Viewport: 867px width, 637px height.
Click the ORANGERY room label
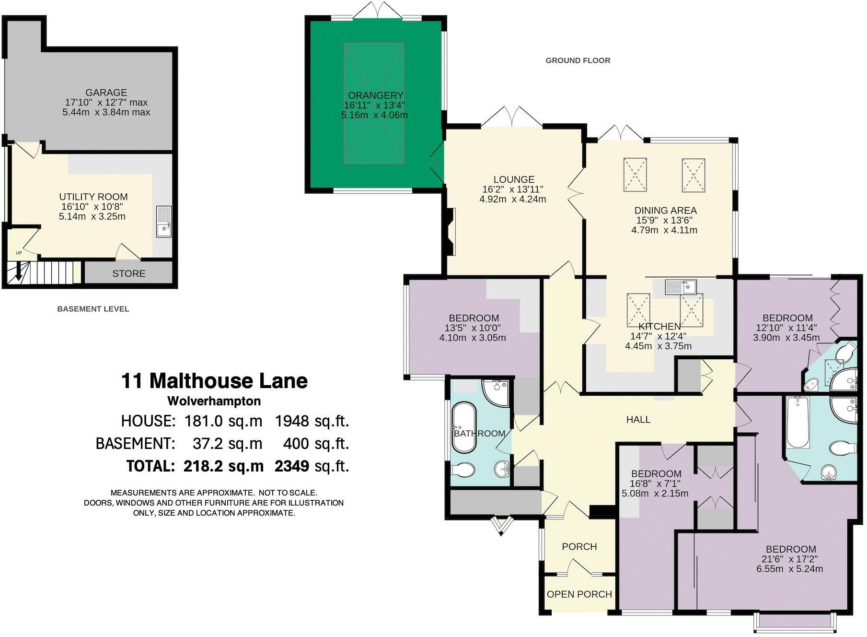375,95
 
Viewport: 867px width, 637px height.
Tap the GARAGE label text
106,93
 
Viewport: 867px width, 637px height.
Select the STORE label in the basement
128,273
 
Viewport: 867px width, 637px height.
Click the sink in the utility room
164,222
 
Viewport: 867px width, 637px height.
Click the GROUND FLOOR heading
578,60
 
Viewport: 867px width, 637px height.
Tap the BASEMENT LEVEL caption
93,309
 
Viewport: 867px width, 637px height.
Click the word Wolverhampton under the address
214,401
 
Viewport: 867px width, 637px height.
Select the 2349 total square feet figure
291,466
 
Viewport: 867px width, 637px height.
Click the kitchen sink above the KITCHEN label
681,287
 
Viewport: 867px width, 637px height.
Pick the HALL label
638,420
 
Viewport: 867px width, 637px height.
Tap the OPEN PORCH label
579,594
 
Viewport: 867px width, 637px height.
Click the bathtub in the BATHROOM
464,428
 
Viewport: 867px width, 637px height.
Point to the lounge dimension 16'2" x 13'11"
513,189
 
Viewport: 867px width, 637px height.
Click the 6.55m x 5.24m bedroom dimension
789,569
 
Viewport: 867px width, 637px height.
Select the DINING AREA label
665,210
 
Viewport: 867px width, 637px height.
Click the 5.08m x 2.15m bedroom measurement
655,494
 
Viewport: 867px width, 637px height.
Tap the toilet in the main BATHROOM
462,470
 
